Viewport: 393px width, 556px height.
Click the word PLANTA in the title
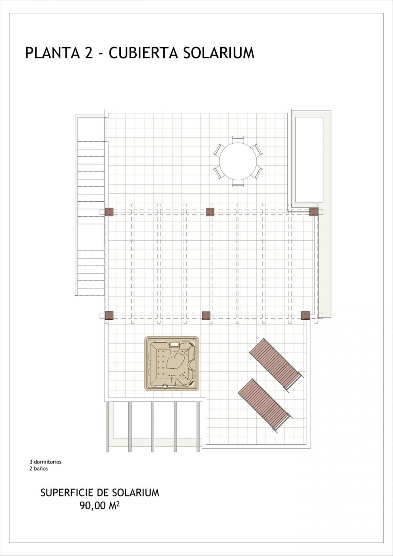point(52,53)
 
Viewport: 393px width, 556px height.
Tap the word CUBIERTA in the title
point(142,53)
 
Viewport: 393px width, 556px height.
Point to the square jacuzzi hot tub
point(172,363)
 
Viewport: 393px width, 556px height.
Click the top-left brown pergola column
point(109,212)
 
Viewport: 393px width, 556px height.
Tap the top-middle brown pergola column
point(210,212)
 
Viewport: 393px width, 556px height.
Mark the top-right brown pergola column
point(314,212)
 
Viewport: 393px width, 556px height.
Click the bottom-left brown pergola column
point(109,316)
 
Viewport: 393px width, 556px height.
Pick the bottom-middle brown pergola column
point(206,316)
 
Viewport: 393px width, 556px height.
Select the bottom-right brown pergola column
point(305,316)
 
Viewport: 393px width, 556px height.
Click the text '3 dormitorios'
point(45,462)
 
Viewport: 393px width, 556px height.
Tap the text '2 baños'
point(39,469)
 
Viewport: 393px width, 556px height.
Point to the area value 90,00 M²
point(100,506)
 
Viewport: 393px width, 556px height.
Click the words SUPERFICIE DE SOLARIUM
point(100,493)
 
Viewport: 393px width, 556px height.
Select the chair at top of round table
point(238,139)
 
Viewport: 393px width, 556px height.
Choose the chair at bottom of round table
point(238,183)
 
